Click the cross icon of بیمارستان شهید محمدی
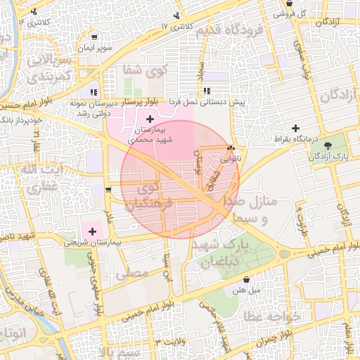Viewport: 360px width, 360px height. [150, 120]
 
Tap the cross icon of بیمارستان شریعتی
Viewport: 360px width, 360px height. [92, 231]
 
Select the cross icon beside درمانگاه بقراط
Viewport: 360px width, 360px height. [295, 129]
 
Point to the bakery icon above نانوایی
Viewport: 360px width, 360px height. [231, 148]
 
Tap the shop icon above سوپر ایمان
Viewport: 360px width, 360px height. [95, 37]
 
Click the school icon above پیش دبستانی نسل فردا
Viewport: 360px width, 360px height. [207, 91]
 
